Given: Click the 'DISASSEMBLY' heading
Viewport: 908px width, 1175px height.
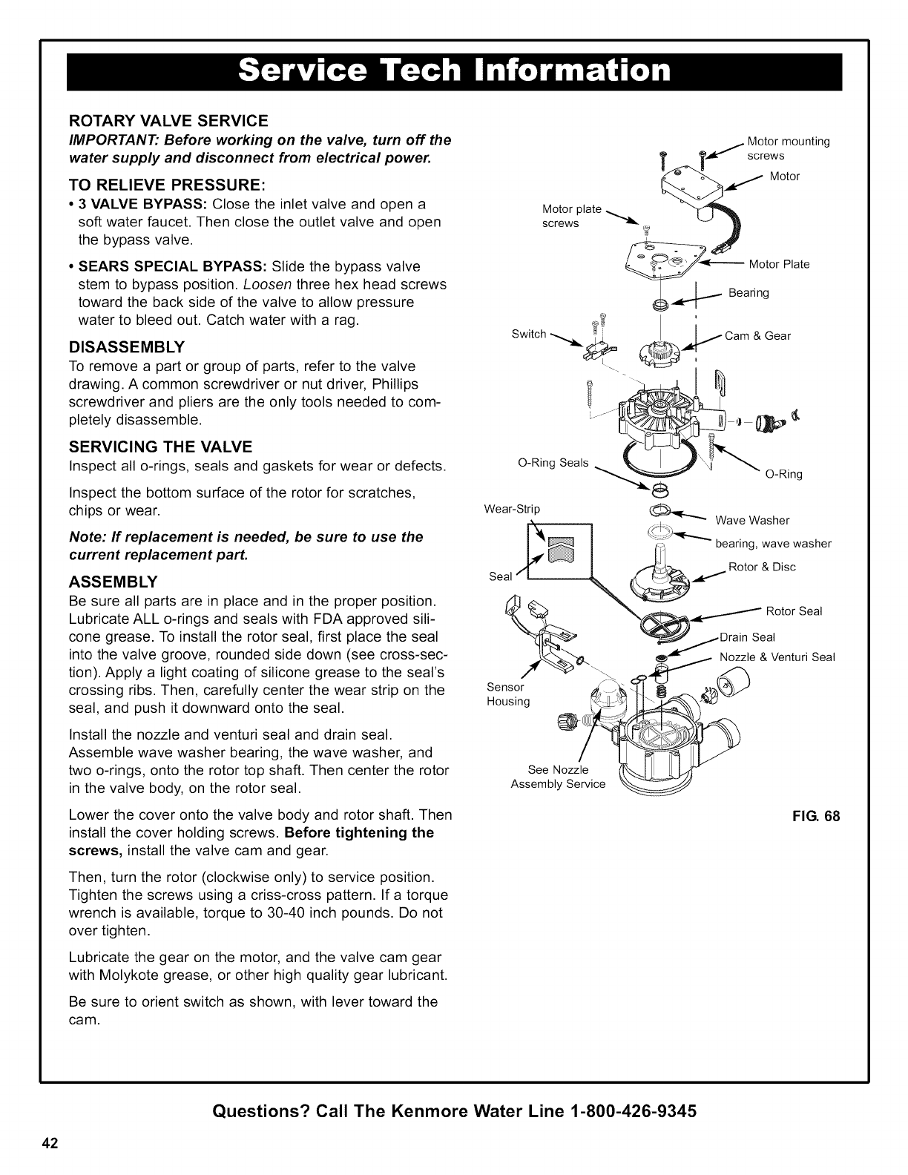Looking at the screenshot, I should [127, 347].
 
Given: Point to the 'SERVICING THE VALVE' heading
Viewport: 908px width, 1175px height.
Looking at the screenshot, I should [160, 447].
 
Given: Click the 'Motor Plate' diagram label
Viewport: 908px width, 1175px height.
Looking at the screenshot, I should [779, 264].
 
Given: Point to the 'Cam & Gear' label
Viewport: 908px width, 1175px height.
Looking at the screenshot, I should [757, 335].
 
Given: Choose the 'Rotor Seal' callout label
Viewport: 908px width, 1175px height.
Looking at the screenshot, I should [794, 611].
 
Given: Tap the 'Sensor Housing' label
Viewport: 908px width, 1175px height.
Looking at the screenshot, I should [508, 694].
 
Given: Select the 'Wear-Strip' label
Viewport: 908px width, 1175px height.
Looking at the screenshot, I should [512, 509].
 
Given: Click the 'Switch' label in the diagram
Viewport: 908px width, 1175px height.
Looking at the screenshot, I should [529, 334].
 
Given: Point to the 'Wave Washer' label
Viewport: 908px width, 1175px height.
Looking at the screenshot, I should [752, 519].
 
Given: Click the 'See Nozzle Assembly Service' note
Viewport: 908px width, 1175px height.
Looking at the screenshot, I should [558, 776].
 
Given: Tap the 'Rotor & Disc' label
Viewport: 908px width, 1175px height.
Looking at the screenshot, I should [762, 567].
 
